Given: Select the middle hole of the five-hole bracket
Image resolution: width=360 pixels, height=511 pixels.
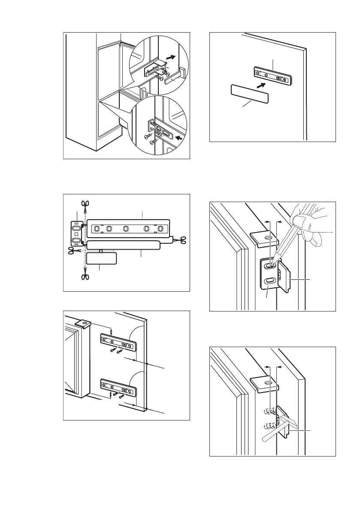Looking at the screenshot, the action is tap(125, 228).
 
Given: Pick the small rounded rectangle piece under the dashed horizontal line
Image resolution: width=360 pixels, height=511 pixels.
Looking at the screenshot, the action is tap(102, 258).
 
